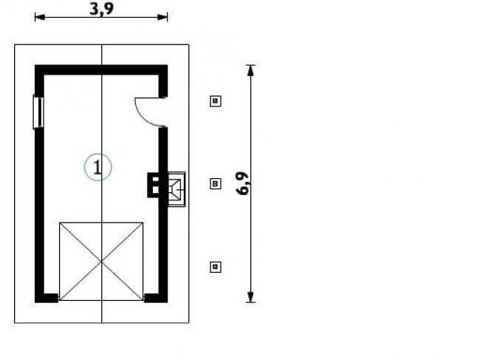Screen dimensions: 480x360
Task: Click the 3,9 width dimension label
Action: [x=101, y=9]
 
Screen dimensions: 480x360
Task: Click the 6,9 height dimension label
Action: [x=242, y=183]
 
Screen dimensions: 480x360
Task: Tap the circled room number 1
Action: [x=97, y=167]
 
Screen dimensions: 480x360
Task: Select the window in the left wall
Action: [x=38, y=112]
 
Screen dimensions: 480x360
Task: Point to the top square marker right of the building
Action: [x=216, y=101]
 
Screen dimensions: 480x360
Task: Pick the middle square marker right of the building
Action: [x=216, y=184]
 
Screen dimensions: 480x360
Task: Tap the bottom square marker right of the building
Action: [x=216, y=267]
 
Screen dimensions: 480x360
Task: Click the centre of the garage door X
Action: [x=101, y=262]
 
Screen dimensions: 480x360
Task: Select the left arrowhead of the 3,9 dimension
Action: [x=40, y=17]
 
